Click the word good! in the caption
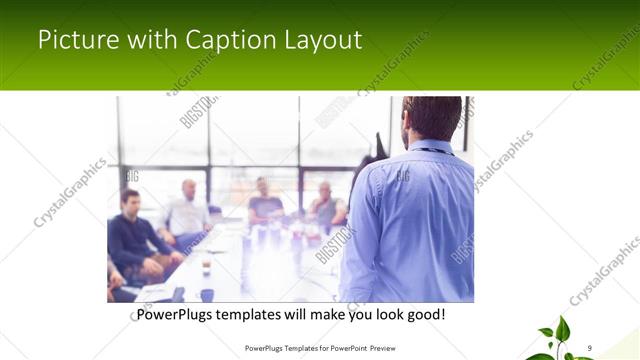pos(425,315)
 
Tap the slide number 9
pos(590,347)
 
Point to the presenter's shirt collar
pos(430,147)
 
